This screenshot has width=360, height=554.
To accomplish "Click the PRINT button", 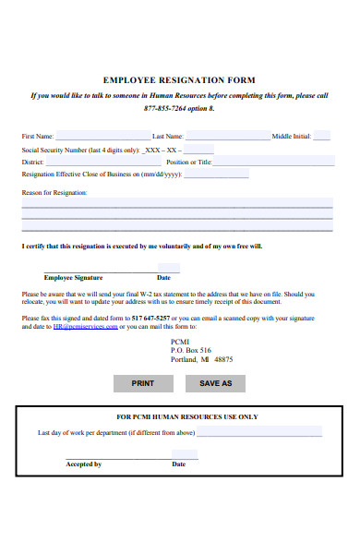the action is point(143,382).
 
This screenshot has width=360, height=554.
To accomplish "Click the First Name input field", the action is point(102,136).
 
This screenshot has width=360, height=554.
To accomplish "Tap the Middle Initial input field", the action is point(315,136).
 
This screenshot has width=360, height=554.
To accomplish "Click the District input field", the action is point(102,161).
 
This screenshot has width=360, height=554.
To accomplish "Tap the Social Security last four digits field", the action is point(199,149).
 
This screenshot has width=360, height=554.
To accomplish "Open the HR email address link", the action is point(85,327).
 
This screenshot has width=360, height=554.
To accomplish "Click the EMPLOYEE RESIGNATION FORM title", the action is point(179,80).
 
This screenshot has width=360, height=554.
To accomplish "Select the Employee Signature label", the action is point(73,277).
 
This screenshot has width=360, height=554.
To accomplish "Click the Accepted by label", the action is point(83,464).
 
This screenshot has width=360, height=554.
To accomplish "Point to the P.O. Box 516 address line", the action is point(191,350).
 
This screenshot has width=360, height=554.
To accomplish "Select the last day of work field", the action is point(259,432).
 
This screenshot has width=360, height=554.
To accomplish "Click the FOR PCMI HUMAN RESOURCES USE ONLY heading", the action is point(186,416).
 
